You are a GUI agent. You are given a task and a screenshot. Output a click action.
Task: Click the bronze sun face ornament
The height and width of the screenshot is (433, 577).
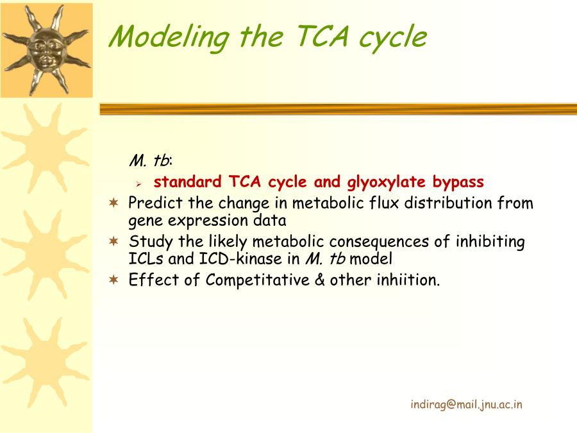[46, 49]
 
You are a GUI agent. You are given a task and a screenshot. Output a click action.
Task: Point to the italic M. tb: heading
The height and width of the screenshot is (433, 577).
[151, 160]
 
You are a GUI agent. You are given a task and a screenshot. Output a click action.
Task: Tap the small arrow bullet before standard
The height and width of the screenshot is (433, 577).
[138, 183]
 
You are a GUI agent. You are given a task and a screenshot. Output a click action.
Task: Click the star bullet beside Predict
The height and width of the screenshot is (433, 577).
[114, 203]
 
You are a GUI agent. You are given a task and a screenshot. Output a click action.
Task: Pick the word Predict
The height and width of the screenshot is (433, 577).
[155, 203]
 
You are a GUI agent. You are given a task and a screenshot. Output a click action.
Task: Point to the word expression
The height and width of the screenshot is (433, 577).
[208, 221]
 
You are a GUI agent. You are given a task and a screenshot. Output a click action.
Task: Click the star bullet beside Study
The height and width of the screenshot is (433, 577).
[114, 241]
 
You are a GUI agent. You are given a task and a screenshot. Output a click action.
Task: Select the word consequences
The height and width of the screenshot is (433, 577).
[379, 242]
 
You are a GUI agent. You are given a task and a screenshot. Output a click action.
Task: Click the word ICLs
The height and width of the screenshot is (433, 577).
[146, 259]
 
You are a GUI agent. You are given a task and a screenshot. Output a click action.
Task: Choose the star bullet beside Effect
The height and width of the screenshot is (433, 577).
[114, 280]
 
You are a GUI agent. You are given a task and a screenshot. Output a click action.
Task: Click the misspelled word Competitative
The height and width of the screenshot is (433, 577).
[258, 280]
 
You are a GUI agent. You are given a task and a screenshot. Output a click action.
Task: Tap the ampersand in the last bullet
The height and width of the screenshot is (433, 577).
[320, 280]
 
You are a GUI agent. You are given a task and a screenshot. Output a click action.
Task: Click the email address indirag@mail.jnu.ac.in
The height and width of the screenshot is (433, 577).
[466, 405]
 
